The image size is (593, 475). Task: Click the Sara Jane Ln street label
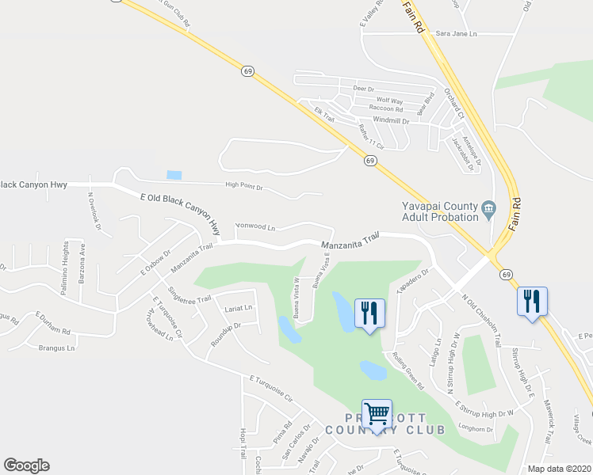click(x=457, y=34)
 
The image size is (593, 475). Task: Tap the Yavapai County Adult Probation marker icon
click(x=488, y=208)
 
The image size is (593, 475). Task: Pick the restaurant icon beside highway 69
click(x=531, y=301)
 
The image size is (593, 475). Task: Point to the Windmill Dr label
click(x=391, y=121)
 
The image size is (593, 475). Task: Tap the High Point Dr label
click(x=244, y=187)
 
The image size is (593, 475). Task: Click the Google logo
click(x=26, y=465)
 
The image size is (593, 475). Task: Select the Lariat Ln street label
click(x=238, y=307)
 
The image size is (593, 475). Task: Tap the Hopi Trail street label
click(x=243, y=448)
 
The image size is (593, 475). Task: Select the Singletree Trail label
click(x=190, y=298)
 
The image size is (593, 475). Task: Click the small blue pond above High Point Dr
click(x=174, y=175)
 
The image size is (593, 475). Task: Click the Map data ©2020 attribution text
click(x=559, y=469)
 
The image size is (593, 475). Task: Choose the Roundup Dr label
click(x=225, y=330)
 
